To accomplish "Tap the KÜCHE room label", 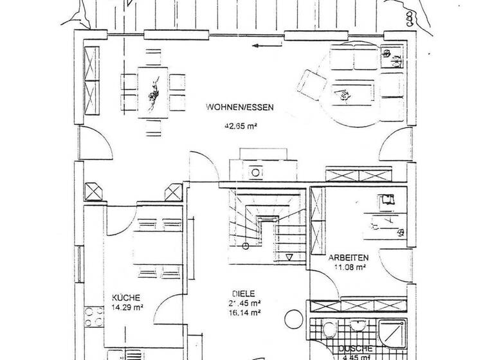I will tap(126, 298).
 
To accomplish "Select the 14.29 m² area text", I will tap(127, 307).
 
